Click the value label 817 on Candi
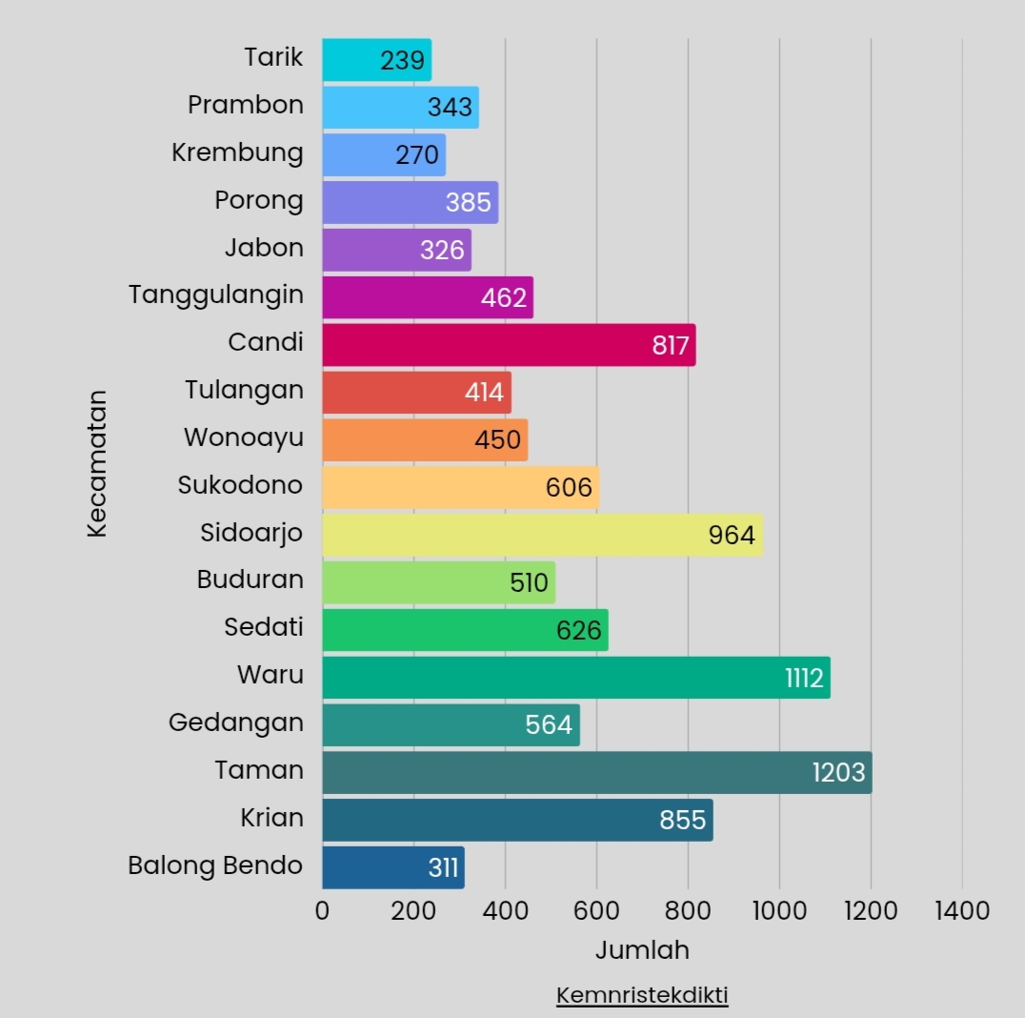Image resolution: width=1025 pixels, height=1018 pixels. pyautogui.click(x=671, y=345)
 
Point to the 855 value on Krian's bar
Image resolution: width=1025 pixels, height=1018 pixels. pyautogui.click(x=683, y=820)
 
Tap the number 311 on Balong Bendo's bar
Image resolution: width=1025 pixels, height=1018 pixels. pyautogui.click(x=443, y=868)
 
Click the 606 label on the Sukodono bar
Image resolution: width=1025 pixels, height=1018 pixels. pyautogui.click(x=569, y=488)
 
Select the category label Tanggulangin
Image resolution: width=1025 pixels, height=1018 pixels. pyautogui.click(x=216, y=295)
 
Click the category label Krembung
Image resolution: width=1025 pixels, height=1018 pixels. pyautogui.click(x=237, y=153)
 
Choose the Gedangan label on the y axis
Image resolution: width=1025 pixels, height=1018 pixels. pyautogui.click(x=236, y=723)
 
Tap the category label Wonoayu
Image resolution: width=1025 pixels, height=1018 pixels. pyautogui.click(x=244, y=438)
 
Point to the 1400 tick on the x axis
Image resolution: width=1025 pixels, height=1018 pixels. pyautogui.click(x=962, y=911)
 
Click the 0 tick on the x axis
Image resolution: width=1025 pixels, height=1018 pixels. pyautogui.click(x=322, y=911)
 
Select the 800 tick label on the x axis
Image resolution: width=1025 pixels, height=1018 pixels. pyautogui.click(x=688, y=911)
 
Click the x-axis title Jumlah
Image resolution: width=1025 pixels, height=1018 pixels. pyautogui.click(x=642, y=950)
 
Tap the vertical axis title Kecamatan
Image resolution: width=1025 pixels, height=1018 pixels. pyautogui.click(x=97, y=463)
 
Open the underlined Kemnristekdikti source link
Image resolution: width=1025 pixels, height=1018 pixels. pyautogui.click(x=642, y=996)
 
